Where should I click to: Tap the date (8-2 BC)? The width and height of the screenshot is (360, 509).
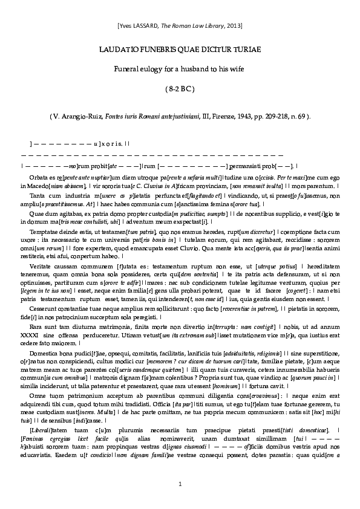tap(180, 89)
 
